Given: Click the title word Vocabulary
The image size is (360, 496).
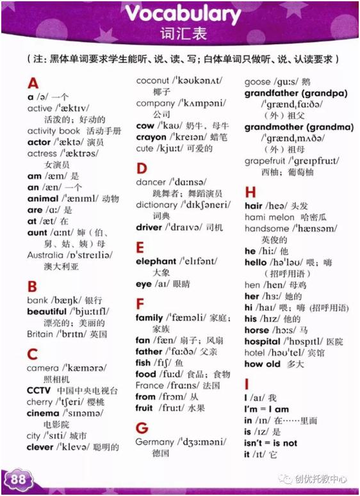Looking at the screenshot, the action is (183, 14).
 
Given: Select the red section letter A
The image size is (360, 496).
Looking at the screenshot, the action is (33, 83).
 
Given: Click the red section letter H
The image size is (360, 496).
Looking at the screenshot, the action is (250, 192).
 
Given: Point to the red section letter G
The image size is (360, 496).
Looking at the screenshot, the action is (142, 427).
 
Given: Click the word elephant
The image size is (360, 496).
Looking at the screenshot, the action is (156, 261).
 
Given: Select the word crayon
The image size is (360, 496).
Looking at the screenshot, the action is (151, 137).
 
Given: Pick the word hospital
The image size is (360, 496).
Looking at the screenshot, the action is (263, 342).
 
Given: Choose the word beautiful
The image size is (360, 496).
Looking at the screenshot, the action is (47, 311).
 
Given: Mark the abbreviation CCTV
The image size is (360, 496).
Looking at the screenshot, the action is (38, 390).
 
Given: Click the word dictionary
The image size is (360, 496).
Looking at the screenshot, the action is (156, 205).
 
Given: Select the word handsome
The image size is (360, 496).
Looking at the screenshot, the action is (266, 228).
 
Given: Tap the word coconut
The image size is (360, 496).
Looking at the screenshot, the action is (153, 81).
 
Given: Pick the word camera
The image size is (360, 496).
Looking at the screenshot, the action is (42, 368).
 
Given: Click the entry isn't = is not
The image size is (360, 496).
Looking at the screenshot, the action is (271, 443).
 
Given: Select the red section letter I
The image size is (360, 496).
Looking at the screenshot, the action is (247, 385).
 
